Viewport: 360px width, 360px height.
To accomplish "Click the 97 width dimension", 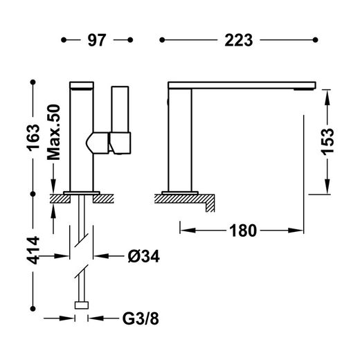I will pos(96,41).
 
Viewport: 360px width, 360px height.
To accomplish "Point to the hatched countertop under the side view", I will pos(181,199).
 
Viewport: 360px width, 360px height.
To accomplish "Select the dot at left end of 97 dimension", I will pos(64,41).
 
